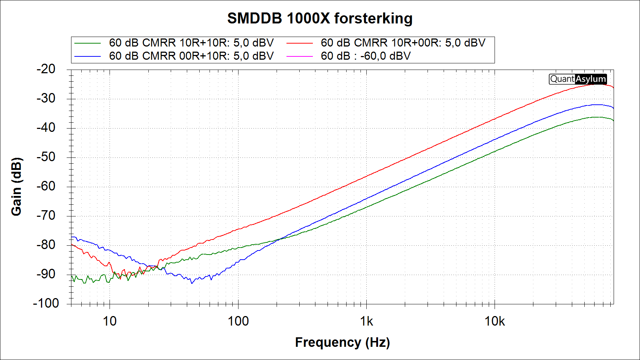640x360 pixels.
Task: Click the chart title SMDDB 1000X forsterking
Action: [320, 18]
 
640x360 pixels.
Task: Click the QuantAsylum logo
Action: [578, 79]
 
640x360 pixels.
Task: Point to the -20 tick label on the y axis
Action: [46, 69]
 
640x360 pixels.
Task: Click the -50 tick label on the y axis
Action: [46, 157]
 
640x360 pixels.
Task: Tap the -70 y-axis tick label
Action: [46, 215]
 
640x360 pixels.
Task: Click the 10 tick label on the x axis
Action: [110, 321]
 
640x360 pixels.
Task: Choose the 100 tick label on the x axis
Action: [238, 321]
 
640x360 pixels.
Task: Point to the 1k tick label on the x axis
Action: [366, 321]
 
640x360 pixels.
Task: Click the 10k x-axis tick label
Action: [495, 321]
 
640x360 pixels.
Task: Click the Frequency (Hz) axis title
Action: [342, 342]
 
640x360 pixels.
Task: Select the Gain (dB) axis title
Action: [16, 186]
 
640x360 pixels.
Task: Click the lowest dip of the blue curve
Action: [192, 283]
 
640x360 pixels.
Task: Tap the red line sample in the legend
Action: [300, 43]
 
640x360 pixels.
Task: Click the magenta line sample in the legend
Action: [300, 56]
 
